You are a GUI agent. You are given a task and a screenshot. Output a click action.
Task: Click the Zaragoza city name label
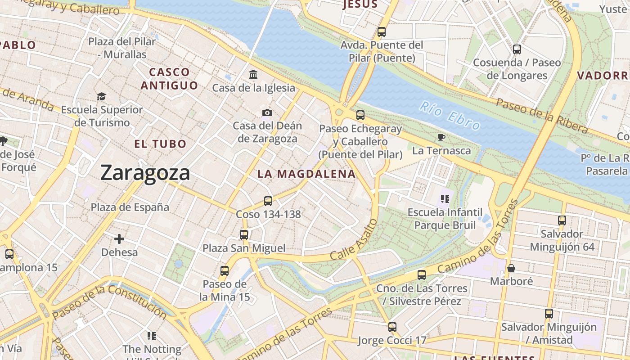click(145, 173)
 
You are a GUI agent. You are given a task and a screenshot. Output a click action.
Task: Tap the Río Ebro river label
click(450, 116)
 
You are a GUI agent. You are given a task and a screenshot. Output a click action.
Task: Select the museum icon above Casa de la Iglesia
click(253, 74)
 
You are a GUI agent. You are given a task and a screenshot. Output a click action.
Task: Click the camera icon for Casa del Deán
click(267, 112)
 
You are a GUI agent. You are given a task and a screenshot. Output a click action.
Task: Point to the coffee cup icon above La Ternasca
click(441, 137)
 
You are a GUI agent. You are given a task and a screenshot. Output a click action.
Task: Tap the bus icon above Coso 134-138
click(268, 201)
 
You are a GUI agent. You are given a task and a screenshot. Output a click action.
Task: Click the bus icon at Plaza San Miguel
click(244, 234)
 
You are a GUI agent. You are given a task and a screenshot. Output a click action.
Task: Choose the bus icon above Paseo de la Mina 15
click(225, 271)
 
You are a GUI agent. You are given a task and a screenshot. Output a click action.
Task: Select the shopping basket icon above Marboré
click(511, 268)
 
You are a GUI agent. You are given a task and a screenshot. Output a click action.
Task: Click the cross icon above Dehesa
click(119, 239)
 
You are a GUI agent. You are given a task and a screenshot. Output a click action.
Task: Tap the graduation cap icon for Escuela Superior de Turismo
click(101, 96)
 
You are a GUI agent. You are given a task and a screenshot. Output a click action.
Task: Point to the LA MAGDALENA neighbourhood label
click(306, 174)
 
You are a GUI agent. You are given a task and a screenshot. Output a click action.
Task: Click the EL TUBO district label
click(160, 144)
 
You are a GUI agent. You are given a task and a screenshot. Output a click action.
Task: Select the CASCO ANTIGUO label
click(169, 79)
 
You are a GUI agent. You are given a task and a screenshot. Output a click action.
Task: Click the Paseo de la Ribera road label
click(542, 116)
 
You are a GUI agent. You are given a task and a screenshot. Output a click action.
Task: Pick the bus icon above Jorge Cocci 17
click(392, 327)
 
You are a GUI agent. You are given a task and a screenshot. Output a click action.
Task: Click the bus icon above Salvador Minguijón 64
click(562, 220)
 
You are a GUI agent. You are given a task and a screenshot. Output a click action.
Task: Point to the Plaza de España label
click(130, 207)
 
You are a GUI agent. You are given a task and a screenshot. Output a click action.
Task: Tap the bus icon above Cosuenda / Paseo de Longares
click(517, 49)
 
